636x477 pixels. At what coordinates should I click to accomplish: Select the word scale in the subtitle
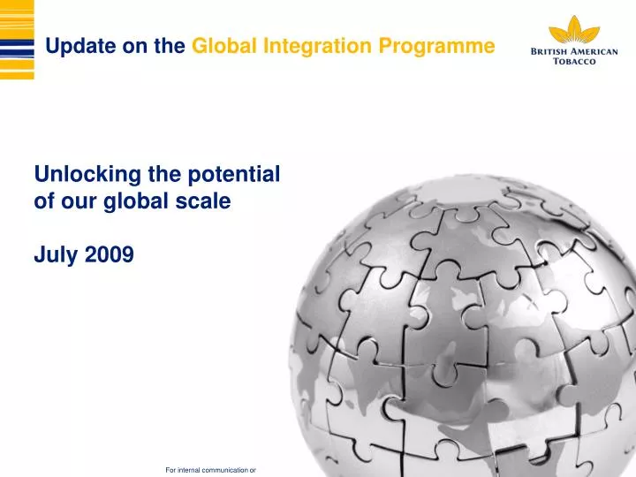207,201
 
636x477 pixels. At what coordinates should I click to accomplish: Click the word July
52,255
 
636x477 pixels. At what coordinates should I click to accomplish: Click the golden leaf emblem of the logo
574,29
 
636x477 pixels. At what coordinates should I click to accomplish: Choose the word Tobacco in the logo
574,63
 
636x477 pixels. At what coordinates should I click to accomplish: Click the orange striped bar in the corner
17,40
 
